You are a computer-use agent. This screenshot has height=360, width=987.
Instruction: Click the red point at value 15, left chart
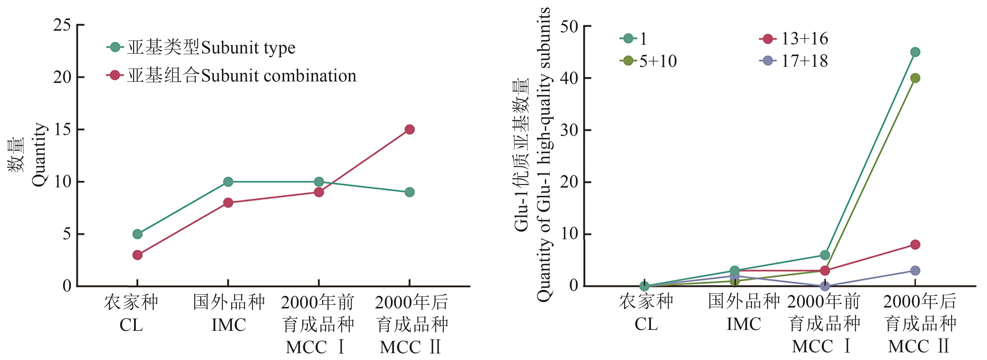pos(409,129)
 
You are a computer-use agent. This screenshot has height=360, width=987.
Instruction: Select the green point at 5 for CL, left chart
pos(137,234)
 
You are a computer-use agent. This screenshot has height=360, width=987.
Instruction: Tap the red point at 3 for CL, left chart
pos(137,255)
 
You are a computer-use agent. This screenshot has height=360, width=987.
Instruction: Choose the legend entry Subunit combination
pos(241,76)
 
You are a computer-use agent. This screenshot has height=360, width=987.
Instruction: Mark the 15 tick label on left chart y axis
pos(62,130)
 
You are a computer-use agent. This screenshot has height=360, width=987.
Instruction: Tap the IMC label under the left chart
pos(228,325)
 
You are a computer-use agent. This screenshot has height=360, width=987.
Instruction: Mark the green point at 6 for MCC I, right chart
pos(825,255)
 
